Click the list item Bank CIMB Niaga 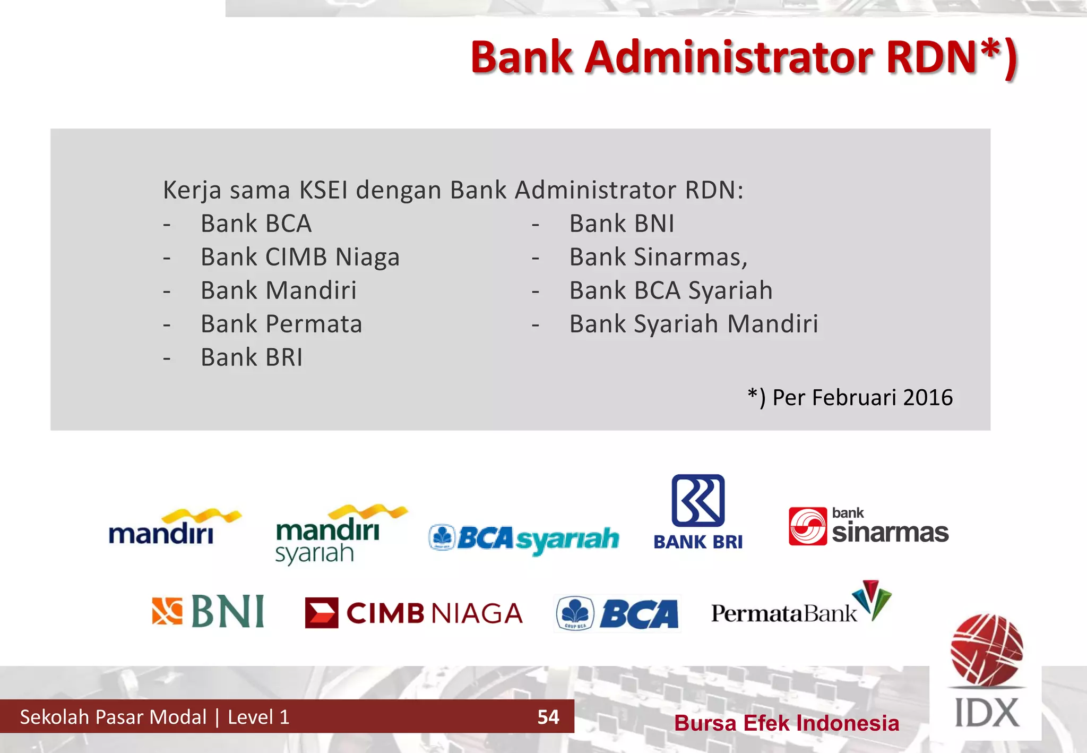click(x=300, y=258)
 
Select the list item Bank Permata click(x=281, y=324)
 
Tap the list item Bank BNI click(x=622, y=224)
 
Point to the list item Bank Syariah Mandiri click(x=694, y=324)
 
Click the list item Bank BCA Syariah click(x=671, y=291)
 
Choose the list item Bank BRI click(x=252, y=358)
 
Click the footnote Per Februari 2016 click(x=850, y=398)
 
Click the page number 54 click(x=548, y=717)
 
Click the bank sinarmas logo click(x=868, y=526)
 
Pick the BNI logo click(x=208, y=611)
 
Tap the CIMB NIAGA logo click(x=414, y=613)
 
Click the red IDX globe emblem click(x=987, y=649)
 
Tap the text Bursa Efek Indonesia click(x=787, y=723)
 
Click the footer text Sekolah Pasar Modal click(x=113, y=717)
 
